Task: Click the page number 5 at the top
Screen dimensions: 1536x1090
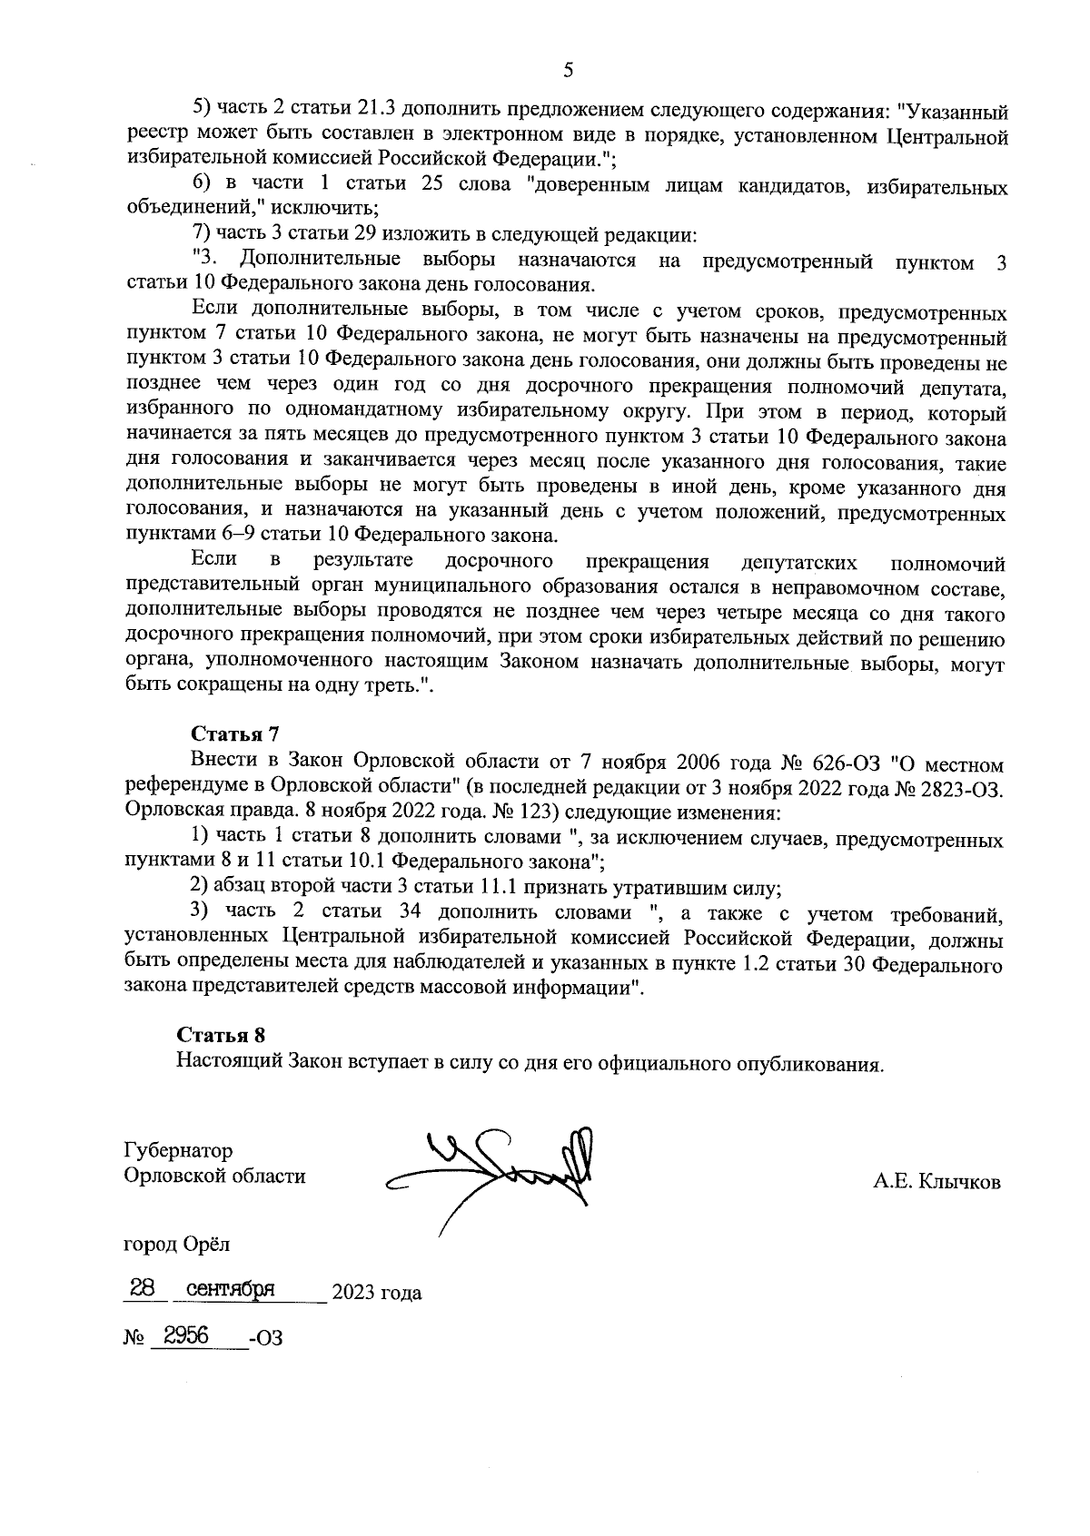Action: pos(568,70)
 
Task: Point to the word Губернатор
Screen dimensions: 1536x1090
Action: pos(177,1150)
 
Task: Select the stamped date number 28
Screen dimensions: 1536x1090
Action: pos(142,1289)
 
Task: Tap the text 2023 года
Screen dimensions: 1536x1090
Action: pos(376,1294)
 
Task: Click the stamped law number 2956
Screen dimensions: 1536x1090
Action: pos(185,1336)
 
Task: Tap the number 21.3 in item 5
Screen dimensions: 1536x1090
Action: pos(376,111)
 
